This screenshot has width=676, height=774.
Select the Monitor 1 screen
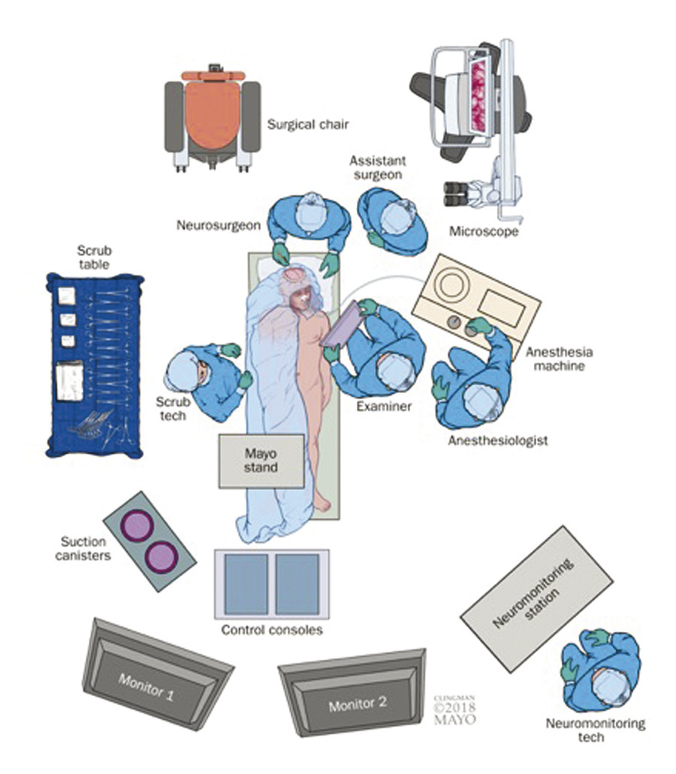[x=158, y=679]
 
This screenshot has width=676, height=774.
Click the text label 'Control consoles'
[x=272, y=630]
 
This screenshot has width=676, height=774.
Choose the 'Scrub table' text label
[x=94, y=257]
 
